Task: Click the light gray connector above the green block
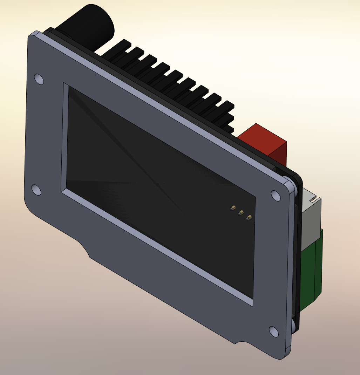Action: pyautogui.click(x=310, y=214)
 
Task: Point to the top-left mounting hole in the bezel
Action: pyautogui.click(x=39, y=79)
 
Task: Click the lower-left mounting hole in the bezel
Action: pyautogui.click(x=36, y=190)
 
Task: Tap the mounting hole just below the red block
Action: pyautogui.click(x=276, y=196)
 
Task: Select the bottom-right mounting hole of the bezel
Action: pyautogui.click(x=273, y=331)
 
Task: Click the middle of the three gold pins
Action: pyautogui.click(x=241, y=212)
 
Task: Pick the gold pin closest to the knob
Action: pyautogui.click(x=232, y=208)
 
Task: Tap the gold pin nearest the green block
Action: pyautogui.click(x=249, y=218)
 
